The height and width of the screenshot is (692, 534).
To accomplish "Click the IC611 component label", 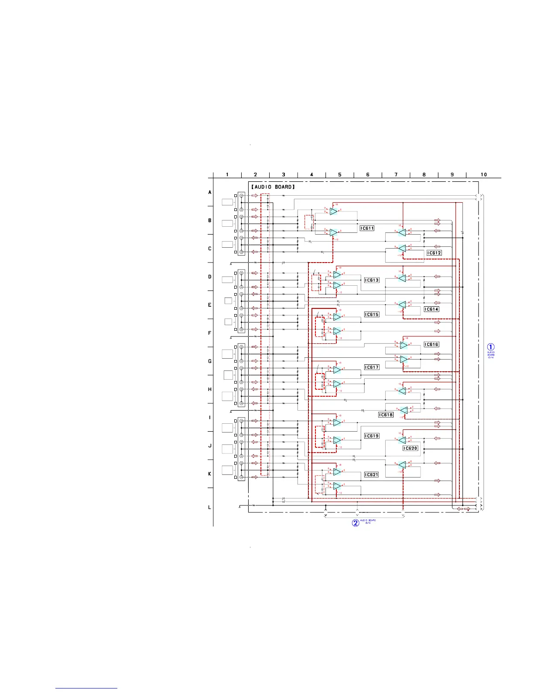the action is point(367,228).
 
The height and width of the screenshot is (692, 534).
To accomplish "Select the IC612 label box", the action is point(434,253).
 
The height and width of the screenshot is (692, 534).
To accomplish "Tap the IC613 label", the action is point(372,280).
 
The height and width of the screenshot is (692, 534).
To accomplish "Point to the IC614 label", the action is point(431,309).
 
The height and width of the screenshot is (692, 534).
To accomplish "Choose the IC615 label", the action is point(372,315).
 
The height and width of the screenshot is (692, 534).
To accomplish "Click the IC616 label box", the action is point(431,345).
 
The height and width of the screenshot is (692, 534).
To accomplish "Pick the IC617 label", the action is point(372,367).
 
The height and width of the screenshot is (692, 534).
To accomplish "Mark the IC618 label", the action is point(386,415).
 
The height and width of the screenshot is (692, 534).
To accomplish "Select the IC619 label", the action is point(372,436).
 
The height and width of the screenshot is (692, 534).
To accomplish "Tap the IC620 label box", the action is point(410,448).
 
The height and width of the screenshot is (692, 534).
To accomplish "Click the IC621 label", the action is point(372,475).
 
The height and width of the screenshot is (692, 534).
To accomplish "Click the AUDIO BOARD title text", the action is point(273,187).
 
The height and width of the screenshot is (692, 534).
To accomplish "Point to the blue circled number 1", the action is point(491,348).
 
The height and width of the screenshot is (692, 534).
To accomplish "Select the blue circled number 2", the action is point(356,523).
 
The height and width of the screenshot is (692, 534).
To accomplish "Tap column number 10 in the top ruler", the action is point(484,175).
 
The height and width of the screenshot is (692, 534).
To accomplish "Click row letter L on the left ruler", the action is point(209,507).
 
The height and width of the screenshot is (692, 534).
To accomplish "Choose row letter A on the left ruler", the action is point(209,192).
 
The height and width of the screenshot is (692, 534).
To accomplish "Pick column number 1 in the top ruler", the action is point(227,175).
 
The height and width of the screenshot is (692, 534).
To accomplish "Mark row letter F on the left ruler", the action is point(209,333).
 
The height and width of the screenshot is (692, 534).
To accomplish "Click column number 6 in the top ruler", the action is point(368,175).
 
